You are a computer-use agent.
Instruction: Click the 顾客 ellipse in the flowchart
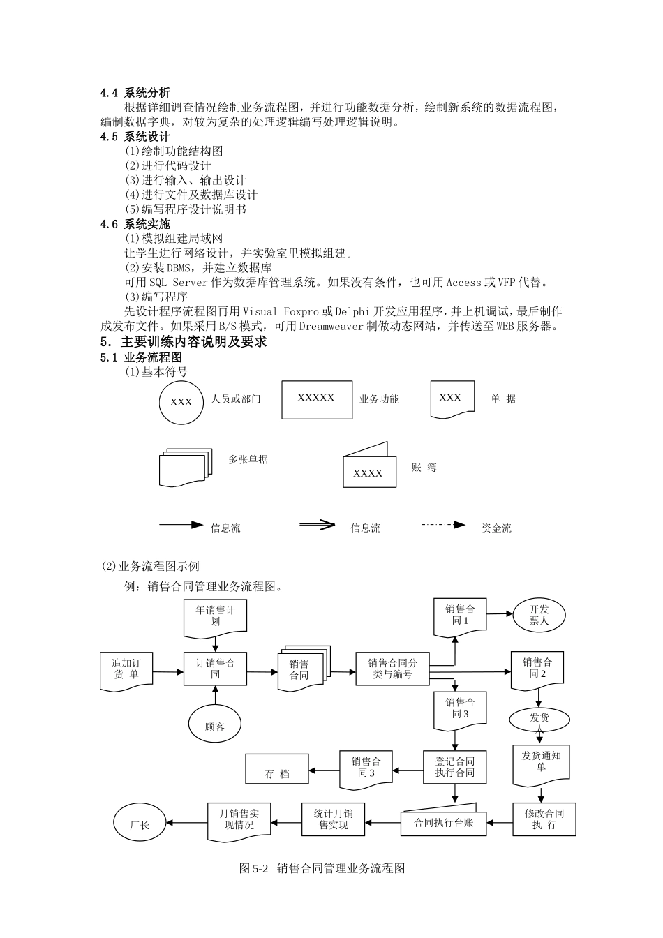[215, 726]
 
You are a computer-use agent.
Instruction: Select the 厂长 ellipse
[140, 824]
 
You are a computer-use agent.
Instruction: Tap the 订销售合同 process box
[215, 669]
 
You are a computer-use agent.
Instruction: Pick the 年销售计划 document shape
[215, 617]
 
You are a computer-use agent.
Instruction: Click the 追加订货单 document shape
[126, 670]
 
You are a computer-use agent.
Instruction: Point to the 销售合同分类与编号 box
[392, 669]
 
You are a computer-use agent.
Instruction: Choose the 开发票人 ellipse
[539, 615]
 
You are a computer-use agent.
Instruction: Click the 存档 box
[277, 770]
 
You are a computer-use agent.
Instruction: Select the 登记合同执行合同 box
[454, 767]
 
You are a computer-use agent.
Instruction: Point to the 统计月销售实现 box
[333, 819]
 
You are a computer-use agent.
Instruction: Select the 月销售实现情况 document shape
[239, 820]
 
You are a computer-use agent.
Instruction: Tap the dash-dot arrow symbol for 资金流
[443, 525]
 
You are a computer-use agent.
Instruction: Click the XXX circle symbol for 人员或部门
[181, 401]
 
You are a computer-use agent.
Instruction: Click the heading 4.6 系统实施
[135, 224]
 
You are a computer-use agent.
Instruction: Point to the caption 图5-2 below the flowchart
[322, 868]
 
